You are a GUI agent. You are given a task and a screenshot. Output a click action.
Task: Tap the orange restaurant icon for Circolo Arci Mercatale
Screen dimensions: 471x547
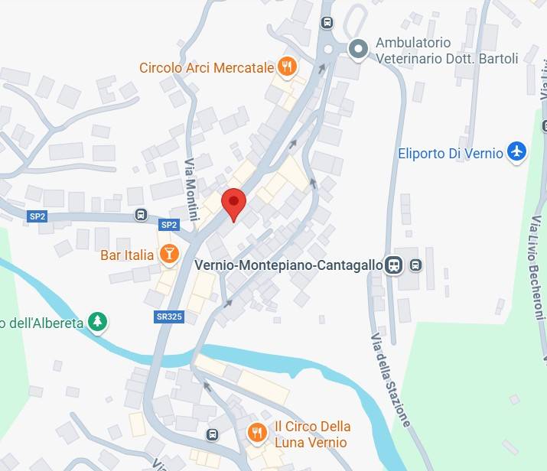[x=287, y=67]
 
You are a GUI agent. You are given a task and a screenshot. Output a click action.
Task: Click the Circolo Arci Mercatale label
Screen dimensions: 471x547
[x=207, y=68]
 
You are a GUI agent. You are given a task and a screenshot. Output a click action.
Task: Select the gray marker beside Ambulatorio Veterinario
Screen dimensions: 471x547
[x=357, y=50]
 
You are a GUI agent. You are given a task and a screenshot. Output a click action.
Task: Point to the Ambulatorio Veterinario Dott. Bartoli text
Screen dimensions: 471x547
[x=447, y=50]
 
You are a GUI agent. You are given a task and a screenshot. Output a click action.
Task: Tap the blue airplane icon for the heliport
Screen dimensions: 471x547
[x=518, y=151]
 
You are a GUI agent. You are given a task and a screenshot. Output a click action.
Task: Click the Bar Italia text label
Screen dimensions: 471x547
[x=127, y=255]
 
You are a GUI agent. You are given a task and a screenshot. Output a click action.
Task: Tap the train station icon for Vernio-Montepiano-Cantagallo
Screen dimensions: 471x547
[x=394, y=265]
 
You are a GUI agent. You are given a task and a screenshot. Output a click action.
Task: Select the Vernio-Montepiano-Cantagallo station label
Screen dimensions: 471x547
[x=289, y=265]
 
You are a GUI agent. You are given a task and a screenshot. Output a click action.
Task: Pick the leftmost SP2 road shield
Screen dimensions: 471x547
[x=37, y=216]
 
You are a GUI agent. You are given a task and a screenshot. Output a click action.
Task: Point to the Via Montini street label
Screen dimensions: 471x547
[x=190, y=187]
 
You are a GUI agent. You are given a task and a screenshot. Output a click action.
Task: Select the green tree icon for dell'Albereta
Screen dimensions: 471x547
[x=97, y=321]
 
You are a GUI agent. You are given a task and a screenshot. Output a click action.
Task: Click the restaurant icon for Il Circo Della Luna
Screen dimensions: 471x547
[x=256, y=434]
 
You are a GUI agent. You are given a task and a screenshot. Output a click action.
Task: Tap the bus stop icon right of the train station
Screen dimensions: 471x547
[x=415, y=265]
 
